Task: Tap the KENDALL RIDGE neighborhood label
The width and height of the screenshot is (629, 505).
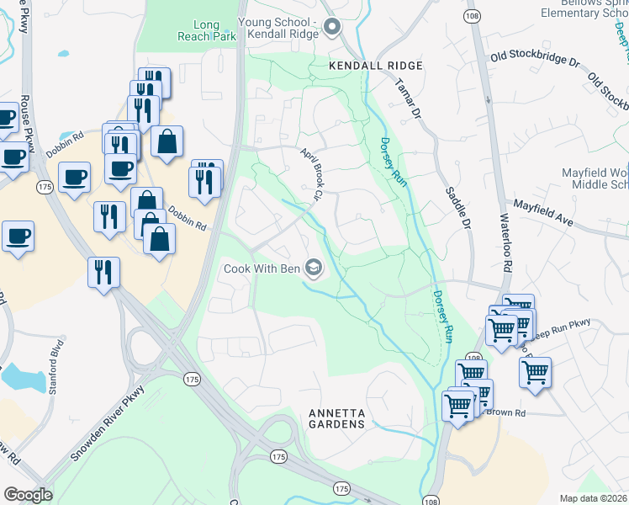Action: (x=375, y=66)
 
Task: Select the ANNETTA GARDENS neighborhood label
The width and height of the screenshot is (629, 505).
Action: (x=336, y=418)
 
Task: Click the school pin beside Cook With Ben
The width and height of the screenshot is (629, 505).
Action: (x=314, y=268)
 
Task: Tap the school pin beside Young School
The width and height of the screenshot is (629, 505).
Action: (x=331, y=27)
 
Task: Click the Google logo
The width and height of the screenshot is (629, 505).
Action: (x=28, y=495)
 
